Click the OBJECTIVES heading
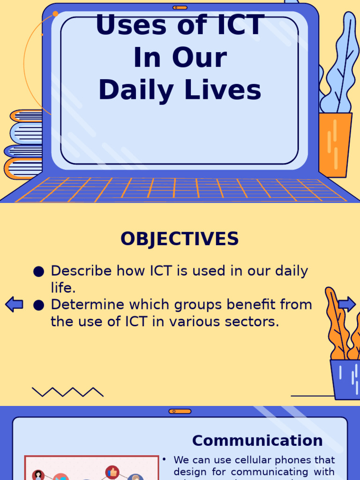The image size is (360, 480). pos(180,239)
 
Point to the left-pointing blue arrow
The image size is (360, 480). pos(14,305)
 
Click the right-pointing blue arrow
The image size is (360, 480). pos(347,304)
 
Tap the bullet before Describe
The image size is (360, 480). pos(39,271)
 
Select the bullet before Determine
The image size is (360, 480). pos(39,305)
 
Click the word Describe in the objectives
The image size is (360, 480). pos(81,271)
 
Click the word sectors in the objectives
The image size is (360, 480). pos(256,322)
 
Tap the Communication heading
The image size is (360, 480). pos(257,441)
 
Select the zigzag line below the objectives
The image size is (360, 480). pos(67,392)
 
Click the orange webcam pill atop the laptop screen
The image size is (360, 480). pos(180,7)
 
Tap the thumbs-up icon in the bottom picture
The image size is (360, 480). pos(112,472)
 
